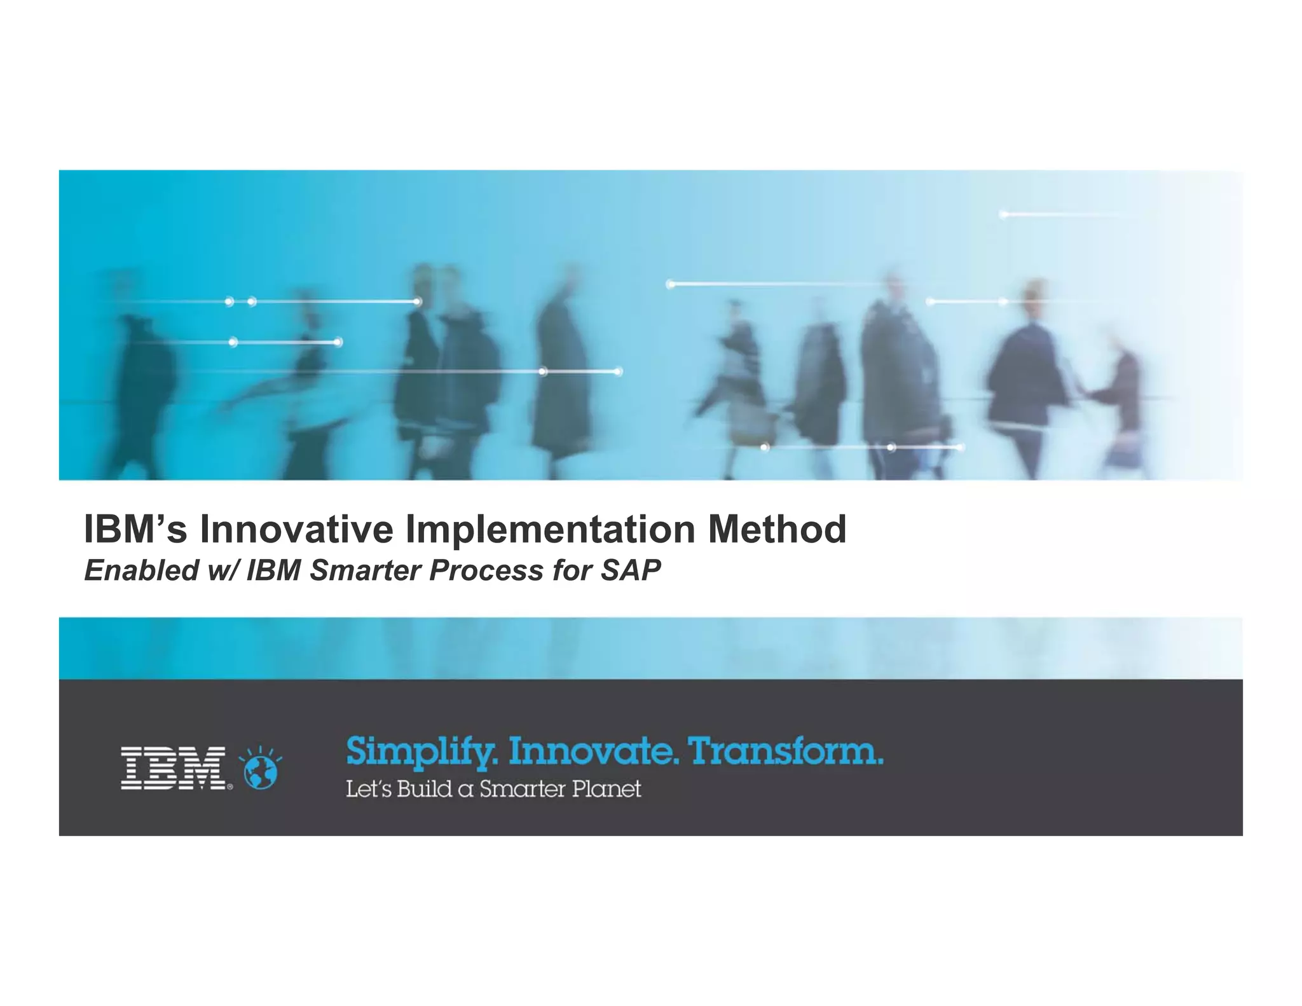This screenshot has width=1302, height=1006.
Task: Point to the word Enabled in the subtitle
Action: (x=141, y=570)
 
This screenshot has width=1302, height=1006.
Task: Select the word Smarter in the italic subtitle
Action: (x=366, y=570)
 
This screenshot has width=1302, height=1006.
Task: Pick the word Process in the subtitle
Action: (x=486, y=570)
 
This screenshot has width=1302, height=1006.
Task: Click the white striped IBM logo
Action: (x=174, y=768)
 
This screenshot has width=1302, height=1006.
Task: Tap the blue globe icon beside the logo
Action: (x=261, y=771)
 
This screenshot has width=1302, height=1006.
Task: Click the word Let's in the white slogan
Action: (x=368, y=789)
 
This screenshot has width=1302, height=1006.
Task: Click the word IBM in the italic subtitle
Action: (x=273, y=570)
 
